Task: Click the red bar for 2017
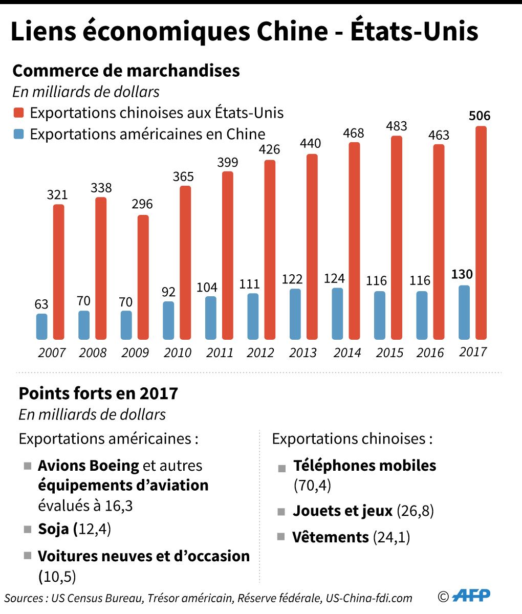coord(481,233)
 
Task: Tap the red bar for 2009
coord(143,277)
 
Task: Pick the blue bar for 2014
coord(337,314)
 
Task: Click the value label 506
coord(480,116)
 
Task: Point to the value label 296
coord(142,204)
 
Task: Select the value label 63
coord(41,304)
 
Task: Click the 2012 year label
coord(260,353)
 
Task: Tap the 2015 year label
coord(389,353)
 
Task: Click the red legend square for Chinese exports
coord(19,113)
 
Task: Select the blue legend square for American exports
coord(19,135)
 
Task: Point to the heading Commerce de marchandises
coord(126,70)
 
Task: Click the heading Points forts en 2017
coord(98,393)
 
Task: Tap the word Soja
coord(54,529)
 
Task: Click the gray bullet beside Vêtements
coord(281,537)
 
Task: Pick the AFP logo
coord(472,595)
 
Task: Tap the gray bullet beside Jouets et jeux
coord(281,511)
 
